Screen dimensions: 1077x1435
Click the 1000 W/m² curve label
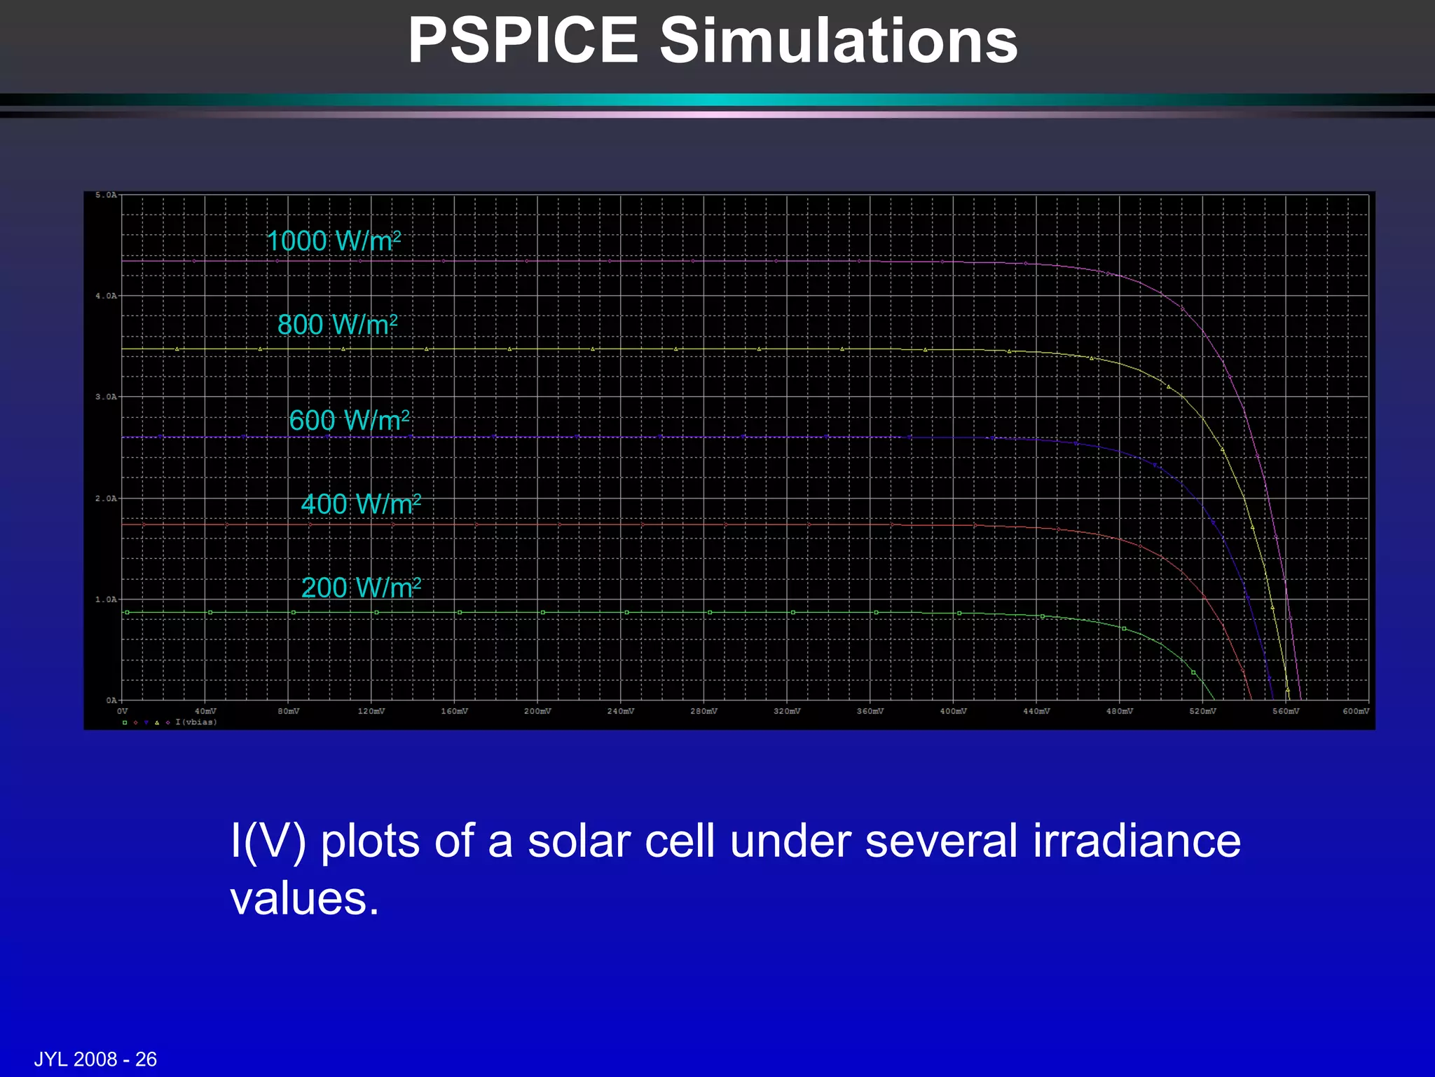334,241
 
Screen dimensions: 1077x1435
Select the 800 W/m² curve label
337,325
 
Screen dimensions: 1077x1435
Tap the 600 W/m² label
349,421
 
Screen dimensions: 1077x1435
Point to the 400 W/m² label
361,504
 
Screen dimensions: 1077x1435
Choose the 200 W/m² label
361,588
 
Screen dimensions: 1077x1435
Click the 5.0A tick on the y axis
106,195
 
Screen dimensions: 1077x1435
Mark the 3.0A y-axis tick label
106,397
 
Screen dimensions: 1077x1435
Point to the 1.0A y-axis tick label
106,600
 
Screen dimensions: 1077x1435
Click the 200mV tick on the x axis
537,711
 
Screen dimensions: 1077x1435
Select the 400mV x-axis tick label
953,711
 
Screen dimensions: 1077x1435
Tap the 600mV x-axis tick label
1355,711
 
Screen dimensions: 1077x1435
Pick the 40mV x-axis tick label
205,711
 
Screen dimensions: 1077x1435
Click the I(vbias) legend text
196,722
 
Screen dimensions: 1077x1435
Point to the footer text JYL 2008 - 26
95,1059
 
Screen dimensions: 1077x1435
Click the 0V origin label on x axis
123,711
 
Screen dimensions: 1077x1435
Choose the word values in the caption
304,898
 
